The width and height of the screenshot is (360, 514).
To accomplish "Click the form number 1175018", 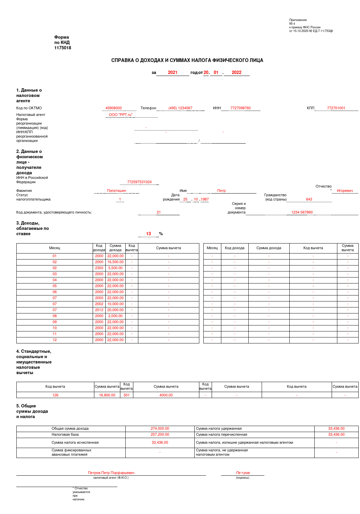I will point(63,48).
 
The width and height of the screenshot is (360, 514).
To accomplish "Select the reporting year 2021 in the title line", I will point(173,73).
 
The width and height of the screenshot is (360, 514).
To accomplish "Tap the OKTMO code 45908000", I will point(114,108).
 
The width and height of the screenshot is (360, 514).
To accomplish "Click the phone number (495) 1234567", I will point(180,108).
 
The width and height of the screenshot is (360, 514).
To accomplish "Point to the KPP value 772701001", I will point(336,108).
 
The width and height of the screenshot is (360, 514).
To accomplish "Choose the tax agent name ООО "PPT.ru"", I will point(121,115).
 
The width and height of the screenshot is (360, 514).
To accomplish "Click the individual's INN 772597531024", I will point(139,182).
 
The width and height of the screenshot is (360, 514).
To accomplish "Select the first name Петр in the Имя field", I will point(221,191).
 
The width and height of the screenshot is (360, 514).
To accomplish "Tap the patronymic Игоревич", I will point(345,191).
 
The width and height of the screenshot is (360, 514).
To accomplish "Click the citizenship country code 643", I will point(309,199).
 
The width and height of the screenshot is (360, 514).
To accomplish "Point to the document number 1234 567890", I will point(302,212).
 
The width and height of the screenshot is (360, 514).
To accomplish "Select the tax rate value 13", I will point(148,234).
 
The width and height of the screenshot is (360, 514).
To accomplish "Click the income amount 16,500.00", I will point(115,262).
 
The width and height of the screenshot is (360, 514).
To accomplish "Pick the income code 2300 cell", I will point(99,268).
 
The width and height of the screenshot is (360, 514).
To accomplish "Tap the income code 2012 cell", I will point(99,310).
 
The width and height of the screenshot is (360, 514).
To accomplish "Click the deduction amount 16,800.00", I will point(107,395).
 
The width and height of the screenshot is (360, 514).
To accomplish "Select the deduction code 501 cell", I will point(127,395).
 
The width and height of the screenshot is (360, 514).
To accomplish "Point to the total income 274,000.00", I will point(160,428).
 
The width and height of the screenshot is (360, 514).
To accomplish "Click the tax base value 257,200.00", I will point(160,434).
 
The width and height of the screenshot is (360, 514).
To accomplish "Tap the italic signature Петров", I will point(243,473).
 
